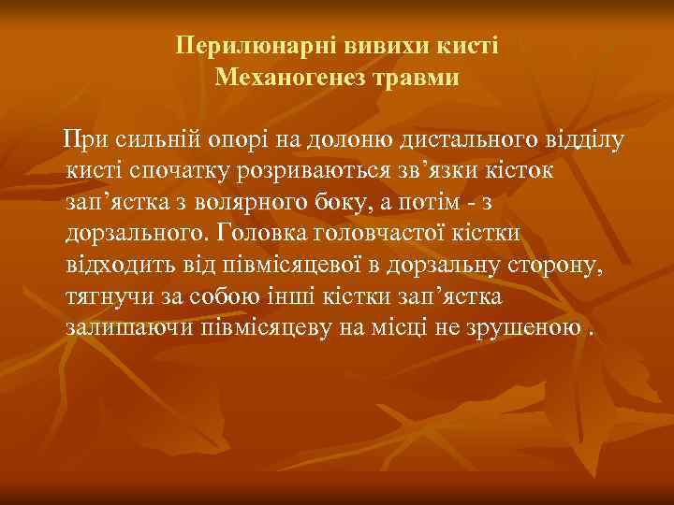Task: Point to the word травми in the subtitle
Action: pyautogui.click(x=415, y=77)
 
